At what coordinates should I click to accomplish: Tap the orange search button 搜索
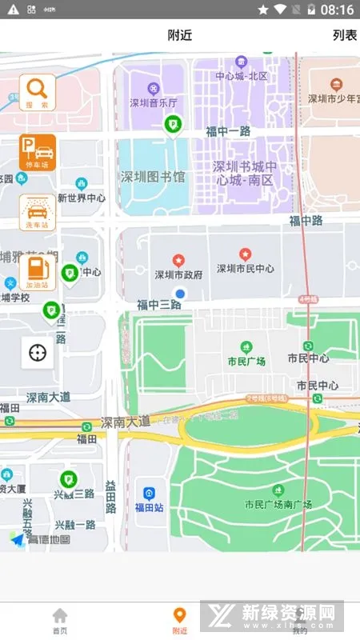(x=38, y=92)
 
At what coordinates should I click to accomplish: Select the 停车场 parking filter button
(x=38, y=152)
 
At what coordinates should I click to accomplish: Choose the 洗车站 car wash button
(x=38, y=213)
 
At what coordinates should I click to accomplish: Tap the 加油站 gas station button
(x=38, y=272)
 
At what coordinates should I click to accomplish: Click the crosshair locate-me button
(x=38, y=352)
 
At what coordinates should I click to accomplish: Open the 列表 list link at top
(x=345, y=35)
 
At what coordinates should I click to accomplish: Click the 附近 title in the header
(x=180, y=35)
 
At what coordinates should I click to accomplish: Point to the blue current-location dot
(x=181, y=294)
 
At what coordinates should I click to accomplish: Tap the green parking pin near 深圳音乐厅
(x=172, y=124)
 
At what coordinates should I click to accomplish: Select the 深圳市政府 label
(x=178, y=274)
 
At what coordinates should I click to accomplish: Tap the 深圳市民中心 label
(x=246, y=269)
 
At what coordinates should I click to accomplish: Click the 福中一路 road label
(x=228, y=131)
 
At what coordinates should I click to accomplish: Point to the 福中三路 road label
(x=160, y=305)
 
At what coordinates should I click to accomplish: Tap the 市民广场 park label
(x=246, y=362)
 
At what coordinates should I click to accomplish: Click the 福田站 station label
(x=148, y=507)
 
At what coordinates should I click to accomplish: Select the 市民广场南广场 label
(x=278, y=505)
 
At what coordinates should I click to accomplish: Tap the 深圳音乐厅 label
(x=154, y=102)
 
